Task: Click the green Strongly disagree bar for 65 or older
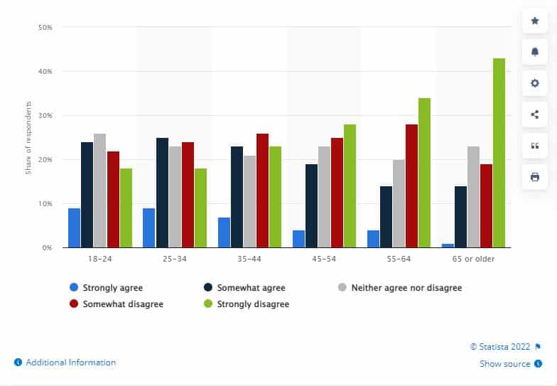tap(499, 153)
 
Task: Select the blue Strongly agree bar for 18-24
tap(74, 227)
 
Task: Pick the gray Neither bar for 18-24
tap(99, 191)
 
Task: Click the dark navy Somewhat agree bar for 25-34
tap(162, 193)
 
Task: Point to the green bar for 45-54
tap(350, 186)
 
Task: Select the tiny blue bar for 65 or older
tap(448, 245)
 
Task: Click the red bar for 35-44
tap(262, 191)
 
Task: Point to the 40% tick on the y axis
tap(44, 72)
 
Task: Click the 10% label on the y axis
tap(44, 204)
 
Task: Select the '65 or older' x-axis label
tap(473, 259)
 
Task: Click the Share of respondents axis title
tap(28, 137)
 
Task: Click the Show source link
tap(504, 364)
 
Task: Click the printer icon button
tap(535, 176)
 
